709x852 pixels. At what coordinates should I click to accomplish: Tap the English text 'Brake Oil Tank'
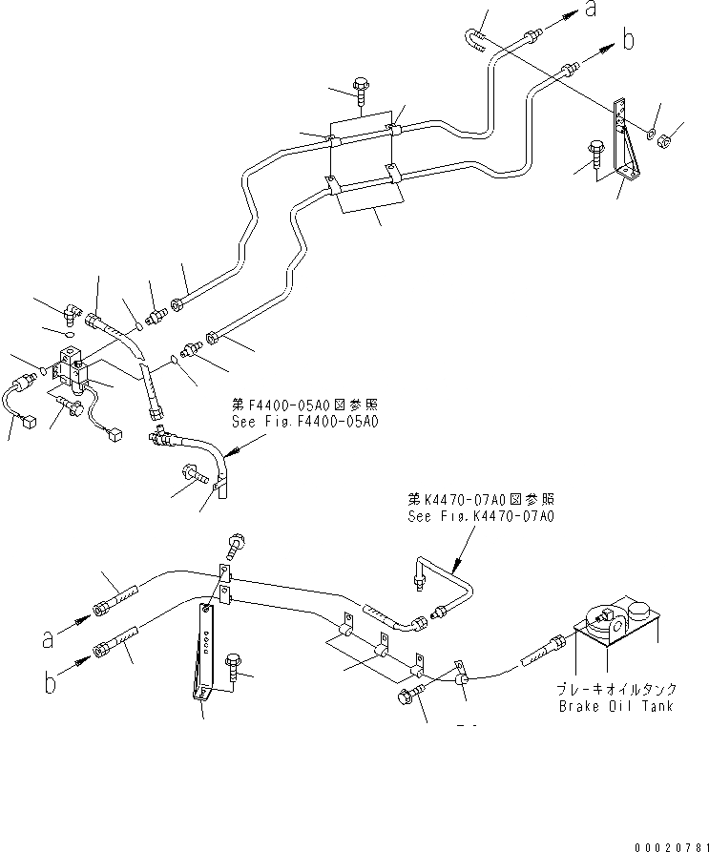point(616,706)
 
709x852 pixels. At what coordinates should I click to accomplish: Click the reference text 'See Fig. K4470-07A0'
point(481,515)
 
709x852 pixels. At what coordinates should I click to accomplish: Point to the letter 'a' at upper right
point(592,10)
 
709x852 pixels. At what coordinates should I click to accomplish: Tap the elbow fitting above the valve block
point(71,311)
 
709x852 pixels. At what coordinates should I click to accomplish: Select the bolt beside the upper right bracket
point(596,152)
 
